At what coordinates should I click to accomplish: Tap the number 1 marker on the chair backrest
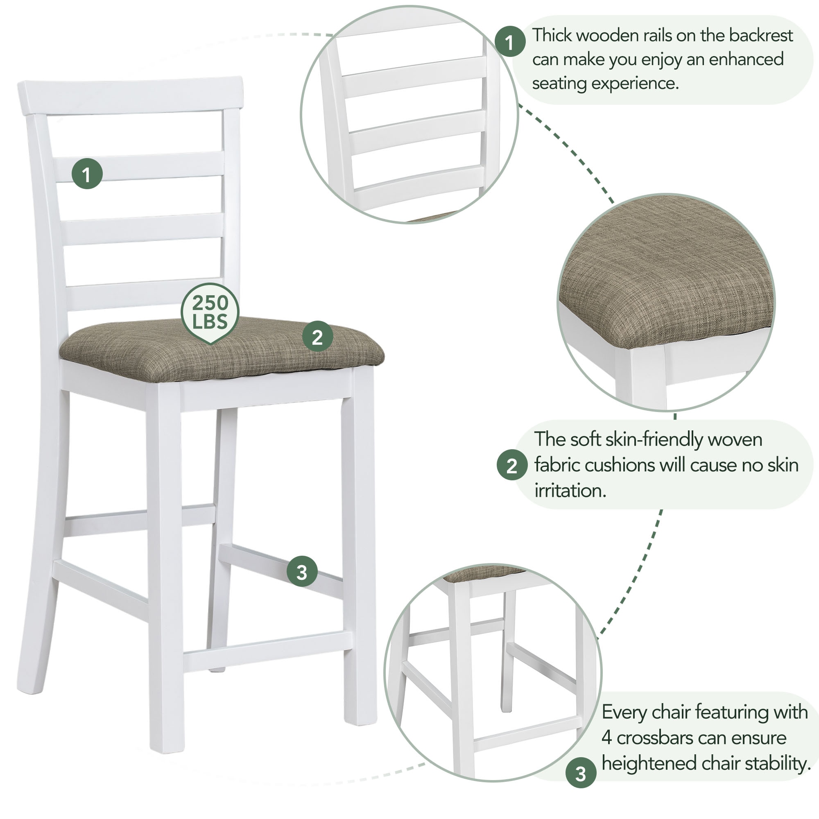coord(87,174)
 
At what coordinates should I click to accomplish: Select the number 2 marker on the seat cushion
coord(317,337)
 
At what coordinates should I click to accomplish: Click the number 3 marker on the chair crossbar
coord(302,572)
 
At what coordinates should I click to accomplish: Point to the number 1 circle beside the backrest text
coord(510,41)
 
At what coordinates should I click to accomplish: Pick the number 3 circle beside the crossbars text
coord(581,773)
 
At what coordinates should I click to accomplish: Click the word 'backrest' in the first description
coord(761,36)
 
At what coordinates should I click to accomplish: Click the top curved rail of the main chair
coord(131,96)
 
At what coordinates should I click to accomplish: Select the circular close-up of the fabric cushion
coord(666,302)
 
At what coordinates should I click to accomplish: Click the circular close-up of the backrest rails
coord(409,115)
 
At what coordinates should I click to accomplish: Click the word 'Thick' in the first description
coord(552,36)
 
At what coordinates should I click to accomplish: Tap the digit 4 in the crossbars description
coord(606,738)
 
